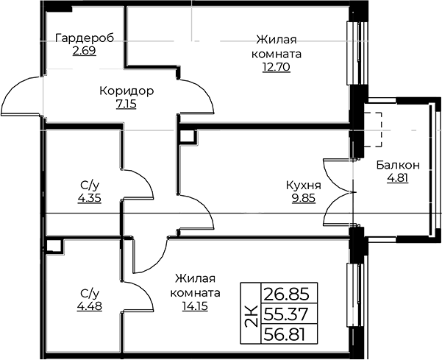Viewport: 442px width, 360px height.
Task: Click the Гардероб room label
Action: click(x=85, y=38)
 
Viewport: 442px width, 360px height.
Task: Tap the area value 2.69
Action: click(x=85, y=51)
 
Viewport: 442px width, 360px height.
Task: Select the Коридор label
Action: click(x=126, y=91)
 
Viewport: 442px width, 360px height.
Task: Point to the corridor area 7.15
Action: click(x=126, y=104)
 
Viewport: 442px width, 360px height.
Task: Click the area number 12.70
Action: click(x=277, y=67)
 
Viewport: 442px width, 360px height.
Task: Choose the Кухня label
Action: click(x=303, y=186)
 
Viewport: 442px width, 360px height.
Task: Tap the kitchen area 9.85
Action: click(x=304, y=198)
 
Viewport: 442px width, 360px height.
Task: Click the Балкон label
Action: click(x=398, y=165)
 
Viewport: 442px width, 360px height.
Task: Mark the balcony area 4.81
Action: click(x=398, y=178)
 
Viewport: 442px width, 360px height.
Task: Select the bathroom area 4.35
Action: click(x=90, y=198)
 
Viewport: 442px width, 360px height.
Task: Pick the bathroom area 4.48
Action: click(x=90, y=306)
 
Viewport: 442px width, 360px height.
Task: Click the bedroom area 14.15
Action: click(x=195, y=306)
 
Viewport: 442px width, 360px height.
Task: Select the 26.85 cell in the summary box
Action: click(x=286, y=294)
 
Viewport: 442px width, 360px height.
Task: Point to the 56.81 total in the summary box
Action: click(x=284, y=335)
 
